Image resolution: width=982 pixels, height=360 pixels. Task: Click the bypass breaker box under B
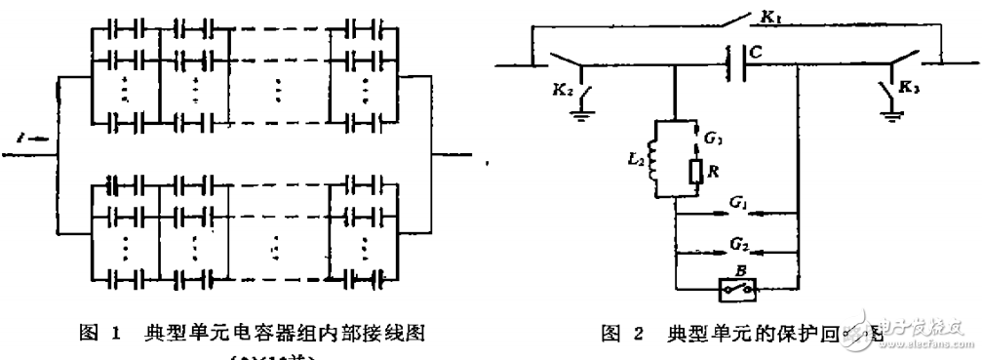736,290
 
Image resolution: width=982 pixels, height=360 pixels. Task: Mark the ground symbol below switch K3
890,112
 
